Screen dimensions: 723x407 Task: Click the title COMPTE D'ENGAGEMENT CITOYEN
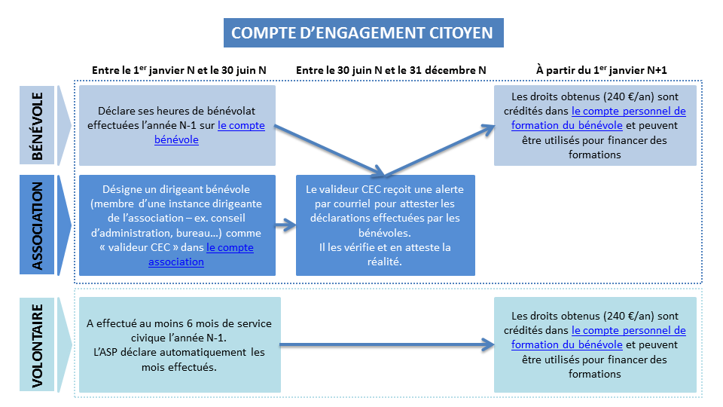tap(362, 32)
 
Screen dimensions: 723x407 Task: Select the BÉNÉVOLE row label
tap(38, 126)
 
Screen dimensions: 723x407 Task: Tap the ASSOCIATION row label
tap(38, 225)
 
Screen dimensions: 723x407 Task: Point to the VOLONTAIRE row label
tap(38, 346)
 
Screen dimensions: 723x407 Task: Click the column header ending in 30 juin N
tap(179, 70)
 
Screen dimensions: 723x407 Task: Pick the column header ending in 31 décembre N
tap(391, 70)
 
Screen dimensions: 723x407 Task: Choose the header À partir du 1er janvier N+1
tap(601, 70)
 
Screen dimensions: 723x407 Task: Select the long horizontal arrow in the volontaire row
tap(387, 344)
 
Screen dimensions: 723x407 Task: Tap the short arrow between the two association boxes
tap(286, 225)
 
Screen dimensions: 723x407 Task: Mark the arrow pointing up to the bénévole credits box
tap(439, 151)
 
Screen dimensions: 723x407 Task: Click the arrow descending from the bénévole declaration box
tap(329, 151)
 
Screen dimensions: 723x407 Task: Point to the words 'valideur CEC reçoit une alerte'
tap(389, 189)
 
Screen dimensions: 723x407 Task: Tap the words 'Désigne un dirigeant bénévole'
tap(176, 189)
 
